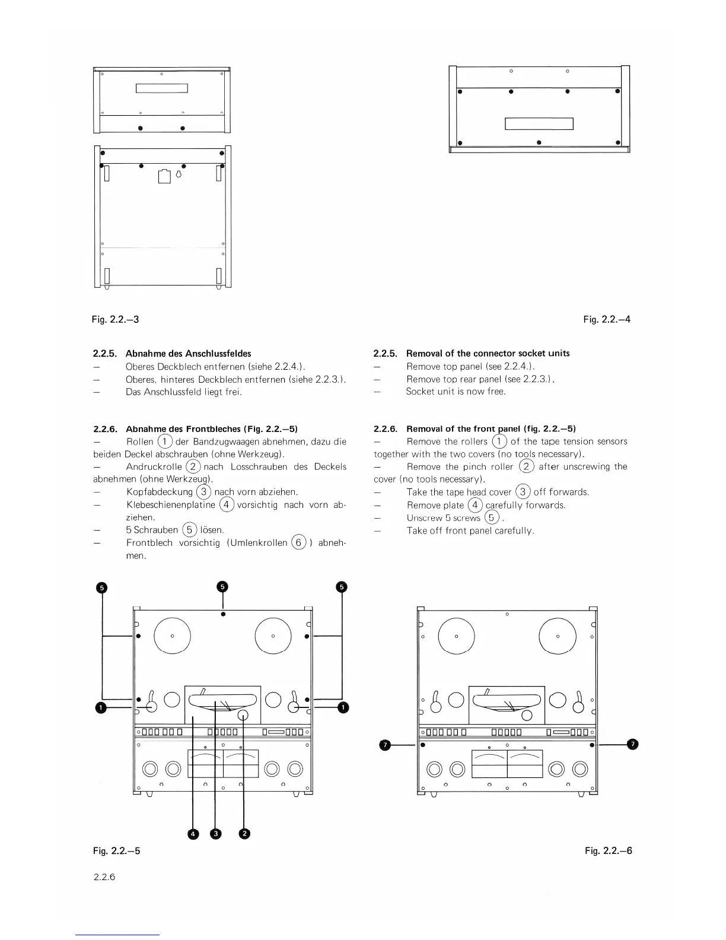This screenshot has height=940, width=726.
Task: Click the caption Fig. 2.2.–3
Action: (x=116, y=319)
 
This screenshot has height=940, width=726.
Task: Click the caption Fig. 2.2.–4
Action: (x=607, y=319)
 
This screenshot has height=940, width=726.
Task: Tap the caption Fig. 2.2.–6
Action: (x=608, y=850)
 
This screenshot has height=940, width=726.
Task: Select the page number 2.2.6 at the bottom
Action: (x=104, y=877)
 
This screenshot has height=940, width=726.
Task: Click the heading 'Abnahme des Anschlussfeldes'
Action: (x=188, y=353)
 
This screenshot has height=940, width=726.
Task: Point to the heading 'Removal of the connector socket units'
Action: (x=488, y=353)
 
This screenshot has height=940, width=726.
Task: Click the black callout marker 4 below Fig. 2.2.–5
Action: (x=193, y=834)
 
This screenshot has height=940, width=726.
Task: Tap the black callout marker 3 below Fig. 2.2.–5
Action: (x=216, y=834)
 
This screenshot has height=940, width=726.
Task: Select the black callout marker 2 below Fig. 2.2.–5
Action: (x=244, y=834)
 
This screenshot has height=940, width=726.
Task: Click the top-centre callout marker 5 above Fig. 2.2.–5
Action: (x=222, y=586)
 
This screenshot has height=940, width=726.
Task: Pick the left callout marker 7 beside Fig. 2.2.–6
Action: (x=386, y=744)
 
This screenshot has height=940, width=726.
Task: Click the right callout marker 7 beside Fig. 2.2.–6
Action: (x=633, y=744)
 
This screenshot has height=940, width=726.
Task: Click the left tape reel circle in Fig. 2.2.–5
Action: (x=172, y=636)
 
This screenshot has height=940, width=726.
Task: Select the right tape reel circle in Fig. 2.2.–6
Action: (x=558, y=636)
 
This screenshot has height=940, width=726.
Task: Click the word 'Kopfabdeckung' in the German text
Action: (x=160, y=492)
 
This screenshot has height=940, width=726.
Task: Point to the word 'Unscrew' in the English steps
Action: (x=422, y=517)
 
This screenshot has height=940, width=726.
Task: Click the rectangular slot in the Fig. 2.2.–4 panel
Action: (x=539, y=123)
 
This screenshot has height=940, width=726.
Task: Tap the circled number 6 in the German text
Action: (x=300, y=542)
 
